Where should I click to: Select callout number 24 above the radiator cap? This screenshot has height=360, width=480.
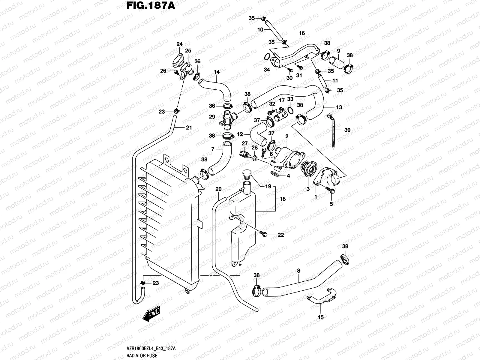(179, 44)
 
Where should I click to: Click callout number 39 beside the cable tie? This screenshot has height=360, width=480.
(347, 130)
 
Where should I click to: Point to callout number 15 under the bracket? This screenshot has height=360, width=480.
(321, 317)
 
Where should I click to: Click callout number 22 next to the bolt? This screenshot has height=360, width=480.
(280, 235)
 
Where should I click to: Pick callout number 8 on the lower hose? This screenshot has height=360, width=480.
(298, 271)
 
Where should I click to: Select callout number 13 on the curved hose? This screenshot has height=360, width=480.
(339, 107)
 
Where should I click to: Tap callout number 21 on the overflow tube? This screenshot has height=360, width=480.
(188, 128)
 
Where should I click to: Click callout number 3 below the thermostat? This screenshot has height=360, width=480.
(307, 189)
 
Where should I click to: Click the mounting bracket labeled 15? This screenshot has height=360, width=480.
(321, 297)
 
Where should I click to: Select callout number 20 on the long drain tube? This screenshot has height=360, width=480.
(219, 189)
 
